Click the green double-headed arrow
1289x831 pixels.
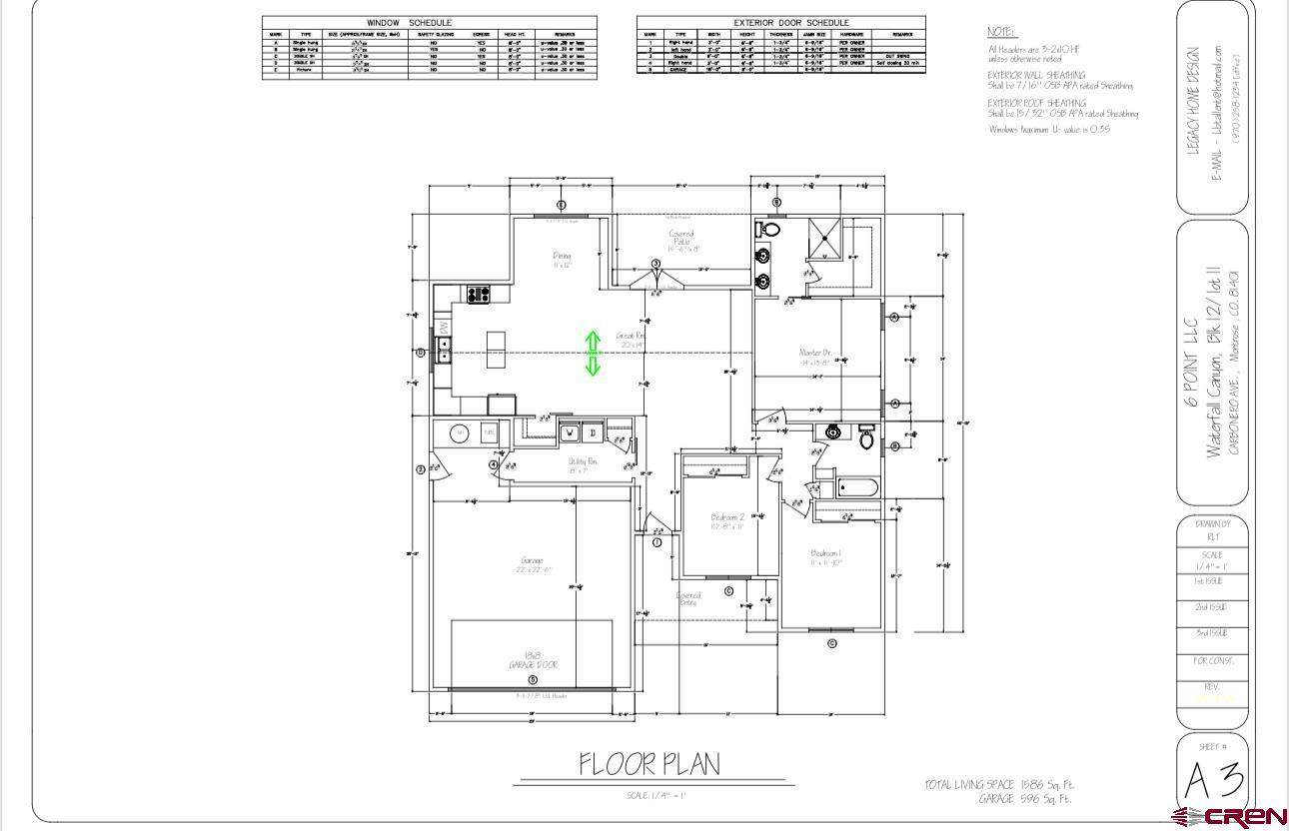pos(593,354)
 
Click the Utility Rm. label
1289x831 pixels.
pos(583,465)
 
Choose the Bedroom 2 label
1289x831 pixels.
pos(726,521)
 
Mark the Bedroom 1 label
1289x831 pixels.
pos(825,557)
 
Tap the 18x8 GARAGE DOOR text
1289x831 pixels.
pos(532,660)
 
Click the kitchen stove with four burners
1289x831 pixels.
pos(478,295)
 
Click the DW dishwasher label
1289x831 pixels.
pos(443,328)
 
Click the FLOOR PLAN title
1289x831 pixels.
pos(649,764)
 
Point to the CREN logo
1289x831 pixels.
pos(1230,816)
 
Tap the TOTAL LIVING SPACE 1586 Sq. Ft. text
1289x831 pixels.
pos(999,785)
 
